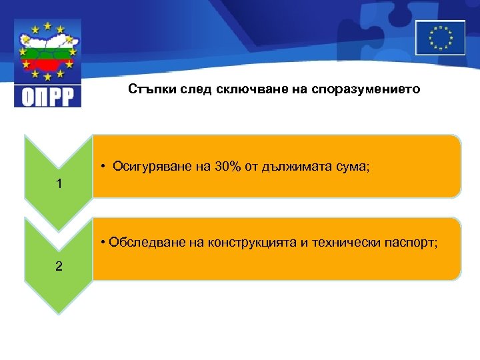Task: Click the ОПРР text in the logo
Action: click(x=47, y=95)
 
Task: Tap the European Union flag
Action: click(x=440, y=37)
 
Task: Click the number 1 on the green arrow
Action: click(x=59, y=183)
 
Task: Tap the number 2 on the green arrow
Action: click(x=59, y=266)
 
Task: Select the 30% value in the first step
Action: click(x=228, y=167)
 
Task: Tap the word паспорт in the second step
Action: click(x=411, y=241)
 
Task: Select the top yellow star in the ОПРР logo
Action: click(x=47, y=25)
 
